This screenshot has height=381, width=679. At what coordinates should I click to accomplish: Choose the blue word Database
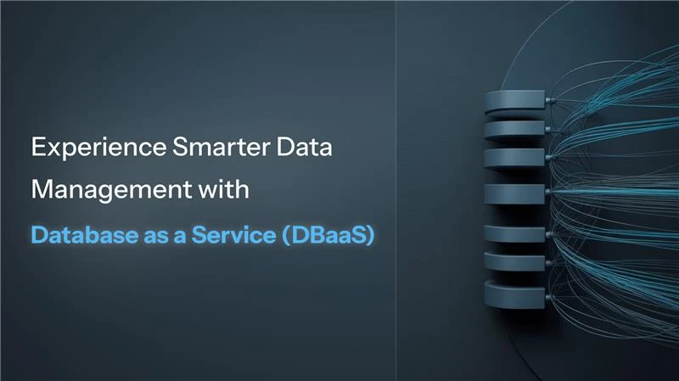pyautogui.click(x=81, y=235)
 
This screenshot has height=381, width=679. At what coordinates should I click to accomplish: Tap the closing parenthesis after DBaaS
pyautogui.click(x=370, y=236)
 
